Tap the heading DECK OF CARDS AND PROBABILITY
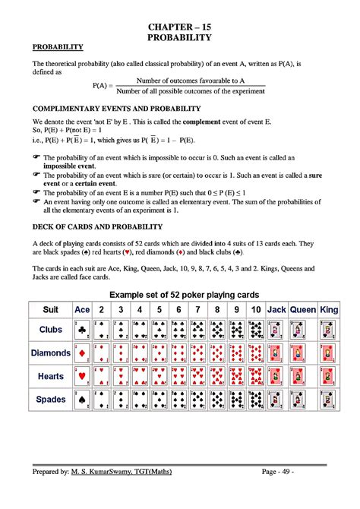[x=96, y=226]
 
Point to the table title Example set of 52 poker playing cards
[x=185, y=294]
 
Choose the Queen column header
[x=302, y=310]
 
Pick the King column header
[x=329, y=310]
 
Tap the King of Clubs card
[x=329, y=330]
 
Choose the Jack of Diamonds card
[x=276, y=353]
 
